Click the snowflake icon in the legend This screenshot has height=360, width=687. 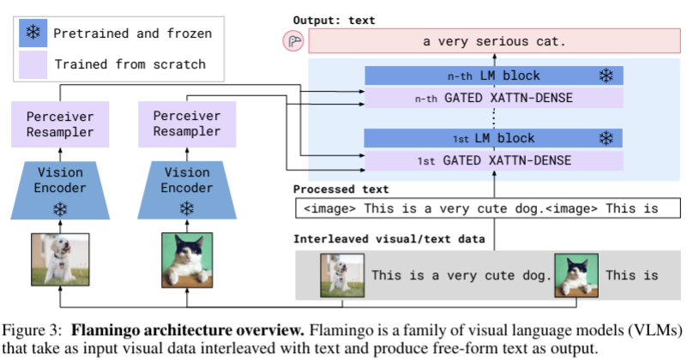(33, 33)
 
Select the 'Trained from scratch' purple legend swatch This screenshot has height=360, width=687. (33, 63)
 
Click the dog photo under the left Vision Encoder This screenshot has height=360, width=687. (59, 260)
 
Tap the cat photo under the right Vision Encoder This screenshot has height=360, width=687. (186, 260)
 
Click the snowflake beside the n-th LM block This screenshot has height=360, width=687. (606, 75)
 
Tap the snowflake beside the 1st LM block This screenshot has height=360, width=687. (606, 138)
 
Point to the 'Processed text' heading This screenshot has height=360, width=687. (340, 189)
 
